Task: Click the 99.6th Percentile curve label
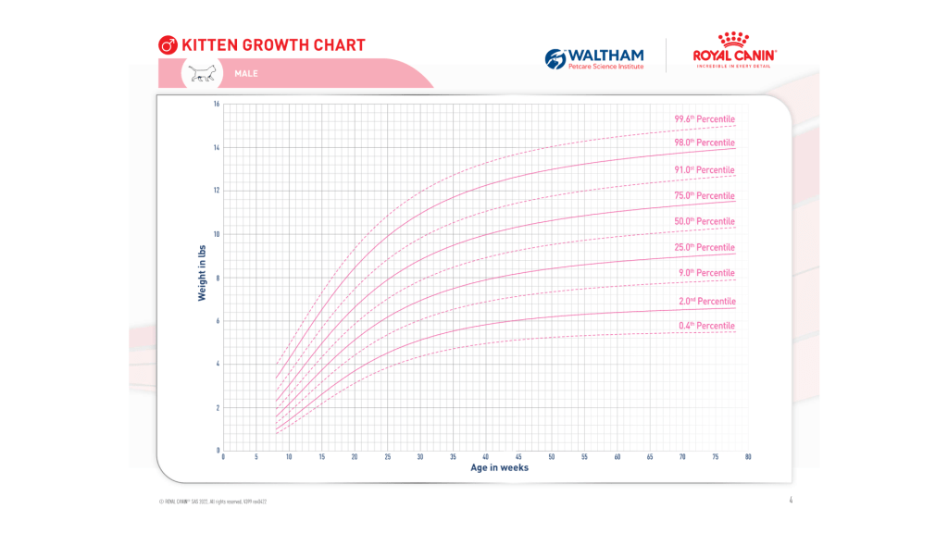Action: click(705, 118)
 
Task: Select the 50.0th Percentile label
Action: click(705, 222)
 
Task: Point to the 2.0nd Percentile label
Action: click(705, 301)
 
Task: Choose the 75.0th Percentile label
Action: click(705, 196)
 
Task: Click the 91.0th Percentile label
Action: click(705, 170)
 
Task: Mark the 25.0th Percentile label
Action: click(705, 248)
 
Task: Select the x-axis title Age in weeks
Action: click(498, 468)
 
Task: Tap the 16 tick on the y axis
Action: click(216, 104)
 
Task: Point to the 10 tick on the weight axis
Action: click(216, 234)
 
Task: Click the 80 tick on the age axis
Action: click(747, 457)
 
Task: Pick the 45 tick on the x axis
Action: click(518, 457)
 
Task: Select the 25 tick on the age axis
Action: click(387, 457)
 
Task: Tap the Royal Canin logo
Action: click(734, 52)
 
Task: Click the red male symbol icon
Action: click(168, 45)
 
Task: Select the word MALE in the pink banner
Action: click(246, 73)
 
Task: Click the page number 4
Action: click(791, 501)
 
